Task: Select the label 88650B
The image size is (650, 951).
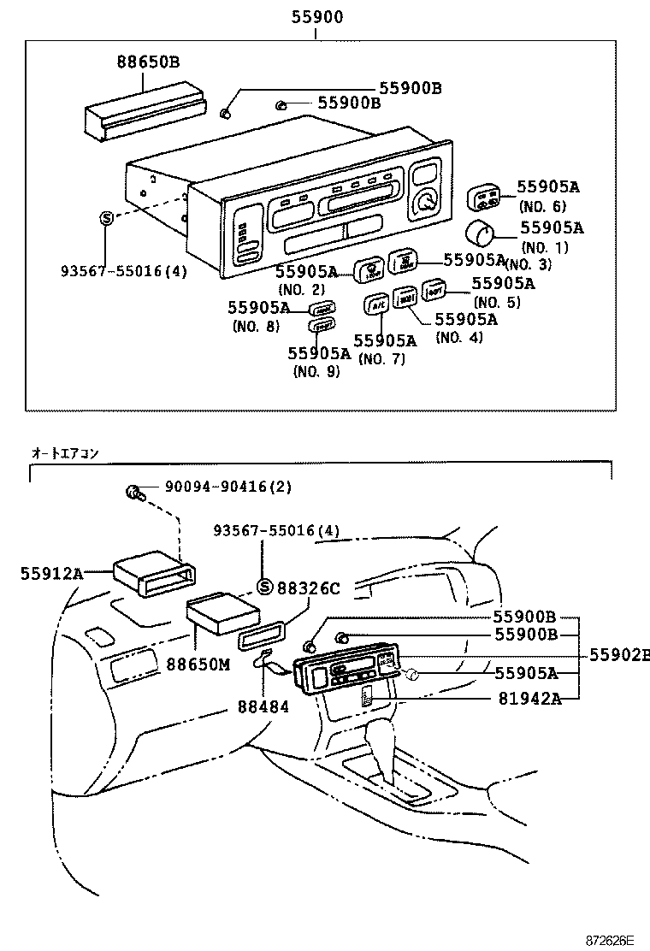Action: click(x=148, y=61)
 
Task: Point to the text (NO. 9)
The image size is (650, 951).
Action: click(x=316, y=371)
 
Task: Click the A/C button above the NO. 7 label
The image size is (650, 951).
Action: click(x=376, y=303)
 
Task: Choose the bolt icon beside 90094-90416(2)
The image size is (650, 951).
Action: click(x=133, y=491)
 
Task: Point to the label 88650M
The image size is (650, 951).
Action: click(x=198, y=663)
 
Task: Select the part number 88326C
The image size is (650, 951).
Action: click(x=309, y=588)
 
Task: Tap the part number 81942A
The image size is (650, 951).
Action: click(x=529, y=698)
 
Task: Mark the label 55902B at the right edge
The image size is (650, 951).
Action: click(x=617, y=655)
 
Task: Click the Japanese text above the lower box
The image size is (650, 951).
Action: click(x=65, y=452)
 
